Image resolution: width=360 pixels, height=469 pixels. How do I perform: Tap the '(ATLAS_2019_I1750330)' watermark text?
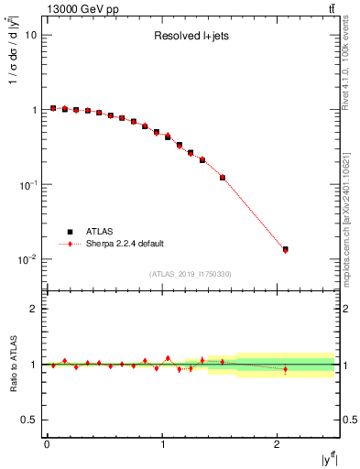coord(191,274)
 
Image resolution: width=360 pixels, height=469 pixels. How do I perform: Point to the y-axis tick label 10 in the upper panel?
coord(31,35)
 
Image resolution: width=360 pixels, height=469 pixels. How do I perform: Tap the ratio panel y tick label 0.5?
coord(29,420)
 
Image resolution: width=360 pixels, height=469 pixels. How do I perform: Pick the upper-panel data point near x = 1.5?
coord(223,177)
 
